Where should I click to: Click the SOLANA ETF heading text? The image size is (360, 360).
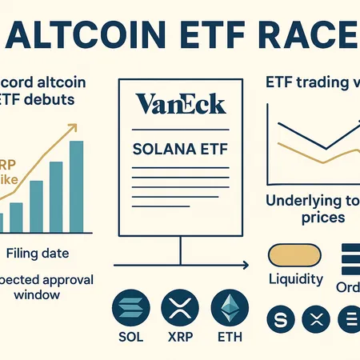[x=179, y=150]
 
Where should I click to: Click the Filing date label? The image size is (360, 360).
[x=37, y=254]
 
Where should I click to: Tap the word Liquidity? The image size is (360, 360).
[x=295, y=280]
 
